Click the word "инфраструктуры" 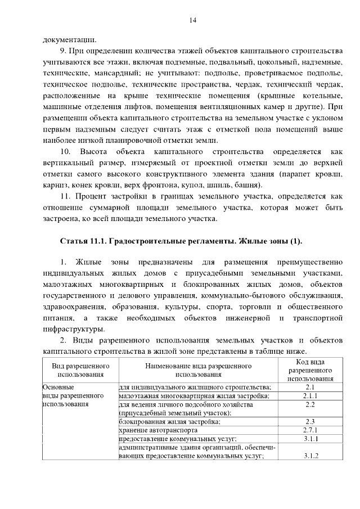(73, 329)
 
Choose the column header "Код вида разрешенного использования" (309, 370)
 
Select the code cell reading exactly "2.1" (309, 388)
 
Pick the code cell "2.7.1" (309, 430)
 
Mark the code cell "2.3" (309, 421)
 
